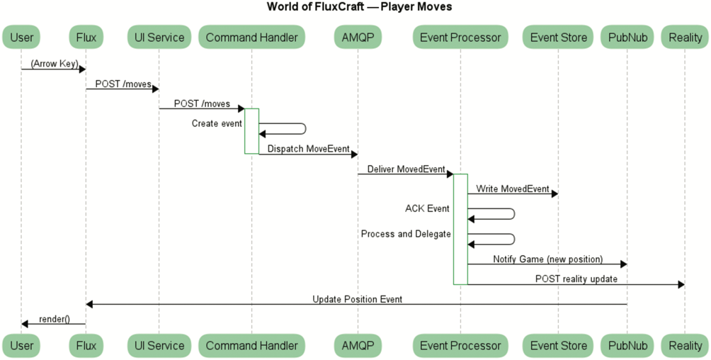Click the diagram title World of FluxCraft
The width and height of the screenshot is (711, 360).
pyautogui.click(x=359, y=7)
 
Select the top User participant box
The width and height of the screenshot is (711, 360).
pyautogui.click(x=21, y=37)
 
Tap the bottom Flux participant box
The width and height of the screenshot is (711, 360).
pyautogui.click(x=85, y=346)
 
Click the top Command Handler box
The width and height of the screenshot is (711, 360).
pyautogui.click(x=251, y=37)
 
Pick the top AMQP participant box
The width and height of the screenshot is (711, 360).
pyautogui.click(x=358, y=37)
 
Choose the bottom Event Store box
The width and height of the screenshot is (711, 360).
pyautogui.click(x=558, y=346)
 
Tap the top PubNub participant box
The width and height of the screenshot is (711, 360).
pyautogui.click(x=627, y=37)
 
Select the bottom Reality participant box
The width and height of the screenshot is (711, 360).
pyautogui.click(x=684, y=346)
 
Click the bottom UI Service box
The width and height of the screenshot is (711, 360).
pyautogui.click(x=159, y=346)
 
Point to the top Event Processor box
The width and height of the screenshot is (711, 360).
pyautogui.click(x=460, y=37)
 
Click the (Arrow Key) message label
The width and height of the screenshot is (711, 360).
pyautogui.click(x=54, y=64)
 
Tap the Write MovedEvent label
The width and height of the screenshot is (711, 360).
pyautogui.click(x=513, y=189)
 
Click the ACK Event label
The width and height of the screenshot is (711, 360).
pyautogui.click(x=427, y=208)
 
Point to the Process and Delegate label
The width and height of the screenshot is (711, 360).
pyautogui.click(x=406, y=234)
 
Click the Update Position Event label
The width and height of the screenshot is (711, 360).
pyautogui.click(x=357, y=299)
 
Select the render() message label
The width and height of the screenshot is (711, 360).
pyautogui.click(x=55, y=319)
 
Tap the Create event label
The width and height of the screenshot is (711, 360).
pyautogui.click(x=217, y=123)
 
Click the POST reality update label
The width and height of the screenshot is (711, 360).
pyautogui.click(x=576, y=279)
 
